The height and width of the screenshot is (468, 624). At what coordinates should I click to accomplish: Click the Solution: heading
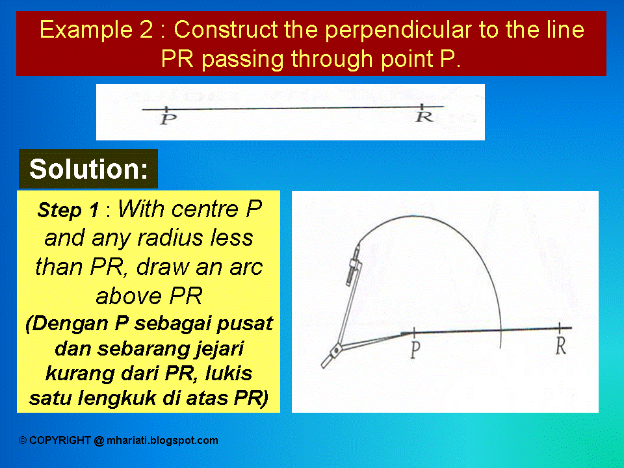click(88, 169)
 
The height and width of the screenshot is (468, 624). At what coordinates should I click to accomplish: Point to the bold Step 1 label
click(68, 210)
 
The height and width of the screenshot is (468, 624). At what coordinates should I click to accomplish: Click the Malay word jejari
click(211, 348)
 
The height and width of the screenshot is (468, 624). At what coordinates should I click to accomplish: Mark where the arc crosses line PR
click(500, 331)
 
